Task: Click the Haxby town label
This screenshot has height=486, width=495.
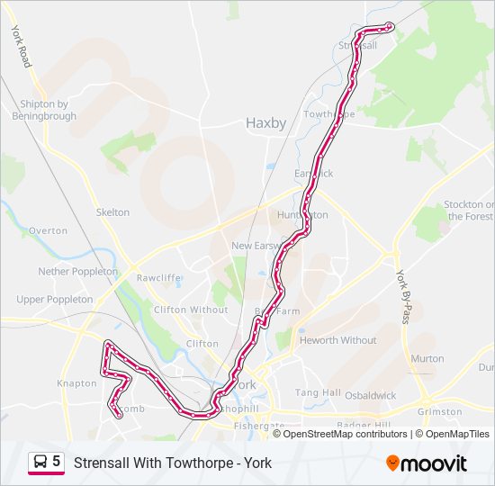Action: coord(265,123)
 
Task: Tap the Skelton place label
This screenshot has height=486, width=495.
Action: coord(112,212)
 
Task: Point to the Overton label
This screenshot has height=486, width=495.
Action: coord(48,231)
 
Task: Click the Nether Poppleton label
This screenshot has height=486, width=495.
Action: coord(77,271)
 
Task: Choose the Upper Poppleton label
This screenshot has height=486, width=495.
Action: coord(54,300)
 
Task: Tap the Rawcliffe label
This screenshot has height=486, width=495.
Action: coord(158,278)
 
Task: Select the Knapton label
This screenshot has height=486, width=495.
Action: coord(76,383)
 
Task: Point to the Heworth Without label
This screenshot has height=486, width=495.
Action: coord(337,340)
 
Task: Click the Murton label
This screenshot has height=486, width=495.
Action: coord(427,358)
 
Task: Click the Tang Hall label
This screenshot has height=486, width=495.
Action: coord(318,392)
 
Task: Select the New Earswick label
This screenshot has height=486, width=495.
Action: coord(258,246)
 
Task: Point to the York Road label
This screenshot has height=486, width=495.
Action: coord(22,46)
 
